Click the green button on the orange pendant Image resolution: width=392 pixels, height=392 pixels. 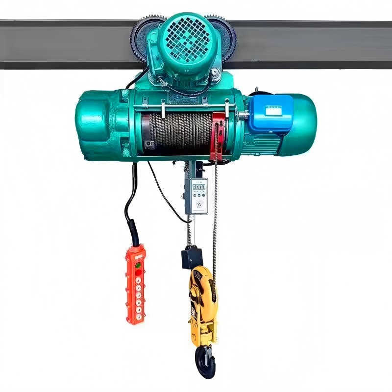point(138,265)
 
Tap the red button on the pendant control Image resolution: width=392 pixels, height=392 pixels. point(138,272)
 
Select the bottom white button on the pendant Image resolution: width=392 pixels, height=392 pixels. point(138,317)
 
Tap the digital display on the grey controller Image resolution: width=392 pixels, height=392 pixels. point(199,187)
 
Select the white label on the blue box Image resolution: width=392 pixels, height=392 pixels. point(273,110)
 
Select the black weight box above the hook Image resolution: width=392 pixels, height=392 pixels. point(192,257)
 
